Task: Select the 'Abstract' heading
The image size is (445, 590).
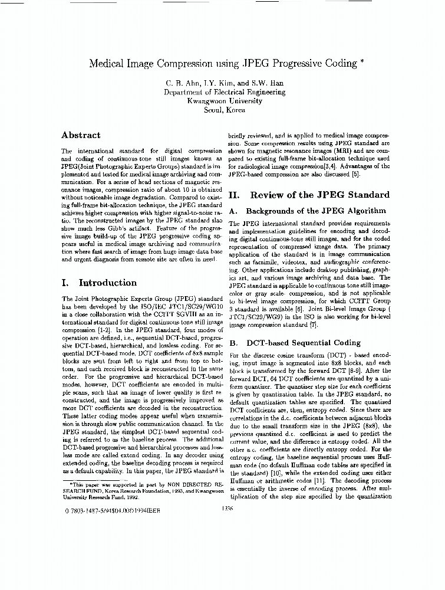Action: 81,135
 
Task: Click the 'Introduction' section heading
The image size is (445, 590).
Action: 107,283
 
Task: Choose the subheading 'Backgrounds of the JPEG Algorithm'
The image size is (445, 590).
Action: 316,211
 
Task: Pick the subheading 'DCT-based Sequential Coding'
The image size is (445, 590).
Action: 304,343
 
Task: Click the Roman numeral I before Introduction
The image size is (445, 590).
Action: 64,283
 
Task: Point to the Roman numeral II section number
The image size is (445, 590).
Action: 233,195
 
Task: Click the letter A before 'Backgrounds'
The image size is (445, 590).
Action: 232,211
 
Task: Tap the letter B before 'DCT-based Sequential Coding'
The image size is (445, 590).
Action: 232,343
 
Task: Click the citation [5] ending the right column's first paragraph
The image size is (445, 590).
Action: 355,175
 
